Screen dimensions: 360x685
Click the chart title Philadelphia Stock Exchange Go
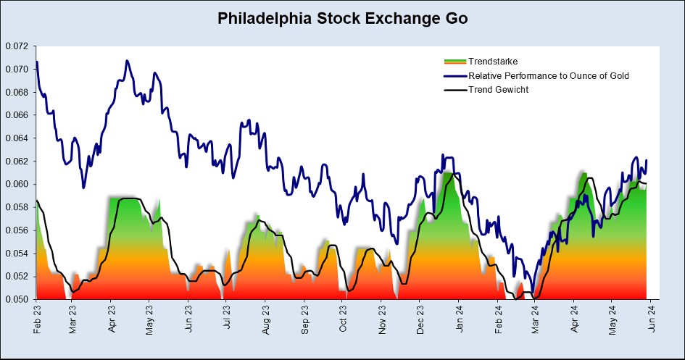(x=342, y=19)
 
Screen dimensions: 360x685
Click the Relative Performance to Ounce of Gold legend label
(x=549, y=75)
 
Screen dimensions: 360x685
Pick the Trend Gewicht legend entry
(x=499, y=90)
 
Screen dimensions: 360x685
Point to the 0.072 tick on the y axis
(x=17, y=46)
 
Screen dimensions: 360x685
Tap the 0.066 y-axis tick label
(x=17, y=115)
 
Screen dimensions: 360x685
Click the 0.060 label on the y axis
(x=17, y=184)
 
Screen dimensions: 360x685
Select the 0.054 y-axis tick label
(x=17, y=254)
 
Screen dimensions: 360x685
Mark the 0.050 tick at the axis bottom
(x=17, y=299)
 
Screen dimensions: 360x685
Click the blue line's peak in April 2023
(x=127, y=61)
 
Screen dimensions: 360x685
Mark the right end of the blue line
(x=646, y=160)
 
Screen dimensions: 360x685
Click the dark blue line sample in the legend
(x=454, y=75)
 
